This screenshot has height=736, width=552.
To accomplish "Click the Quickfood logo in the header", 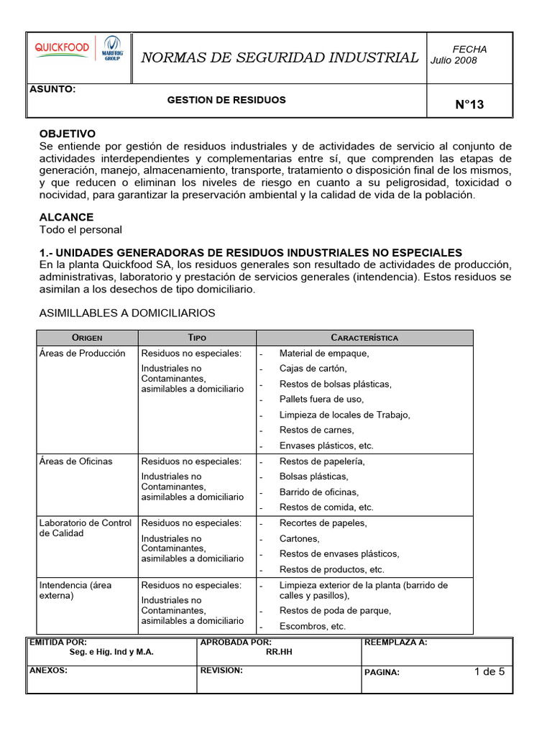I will coord(63,48).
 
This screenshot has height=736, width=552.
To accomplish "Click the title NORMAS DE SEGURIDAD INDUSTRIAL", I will coord(280,57).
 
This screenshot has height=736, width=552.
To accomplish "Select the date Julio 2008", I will coord(454,60).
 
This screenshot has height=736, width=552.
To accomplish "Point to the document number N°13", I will coord(469,105).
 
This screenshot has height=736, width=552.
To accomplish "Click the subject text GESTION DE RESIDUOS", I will coord(226,100).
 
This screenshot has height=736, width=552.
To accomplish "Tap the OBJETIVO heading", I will coord(67,134).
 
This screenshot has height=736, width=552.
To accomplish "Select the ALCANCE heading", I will coord(66,217).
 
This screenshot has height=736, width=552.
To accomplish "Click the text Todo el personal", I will coord(80,230).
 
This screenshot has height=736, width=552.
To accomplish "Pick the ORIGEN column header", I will coord(87,338).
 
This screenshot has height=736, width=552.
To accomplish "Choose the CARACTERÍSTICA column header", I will coord(364,338).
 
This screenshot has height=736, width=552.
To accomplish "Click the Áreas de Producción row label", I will coord(83,354).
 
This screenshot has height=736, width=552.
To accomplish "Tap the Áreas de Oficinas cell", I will coord(76,461).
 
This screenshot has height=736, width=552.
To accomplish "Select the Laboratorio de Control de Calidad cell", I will coord(86,528).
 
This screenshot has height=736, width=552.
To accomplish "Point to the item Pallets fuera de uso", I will coord(321,400).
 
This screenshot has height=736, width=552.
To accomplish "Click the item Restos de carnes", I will coord(316,431).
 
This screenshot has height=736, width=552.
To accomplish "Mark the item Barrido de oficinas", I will coord(318,492).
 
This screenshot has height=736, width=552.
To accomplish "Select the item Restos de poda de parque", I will coord(335,611).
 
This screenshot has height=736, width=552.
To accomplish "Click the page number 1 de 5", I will coord(489,673).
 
